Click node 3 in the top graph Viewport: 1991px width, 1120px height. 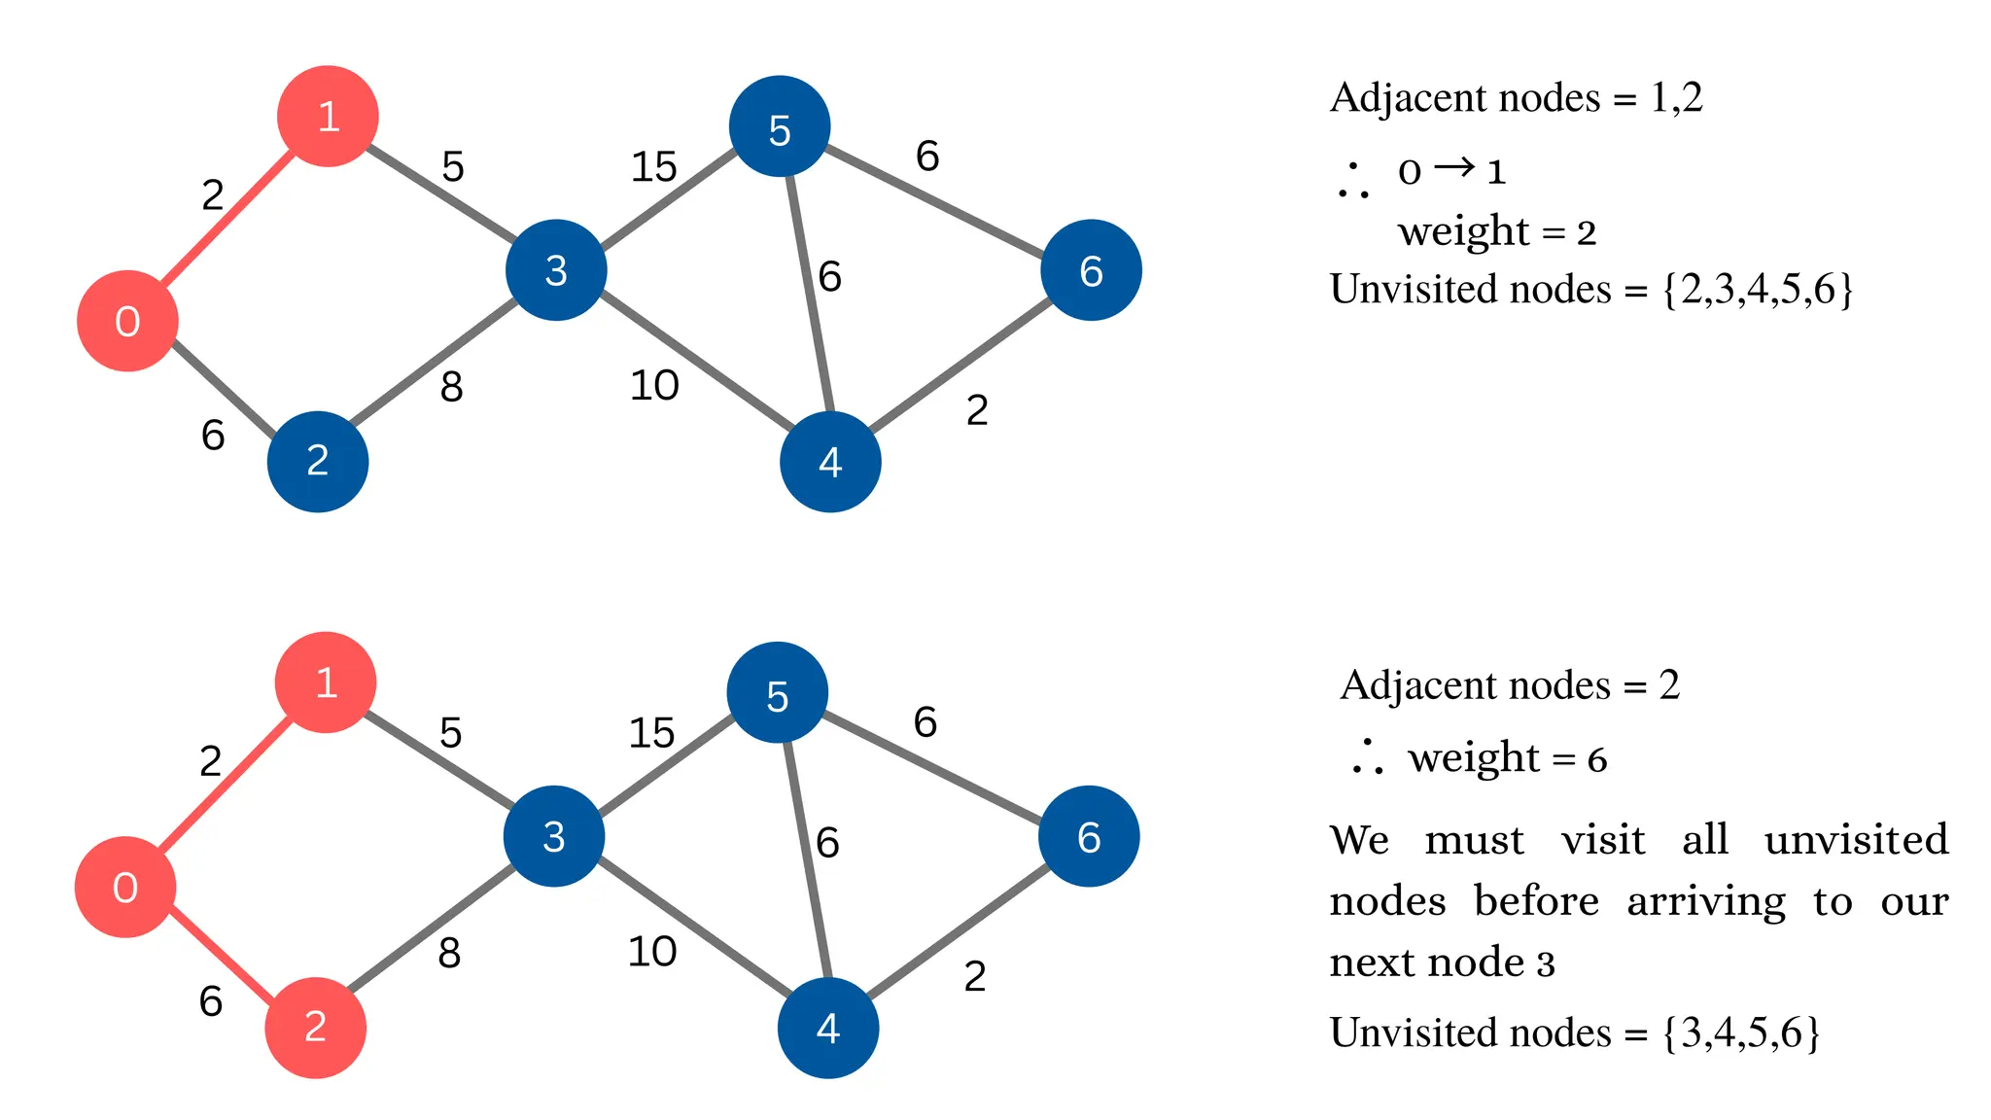(x=556, y=270)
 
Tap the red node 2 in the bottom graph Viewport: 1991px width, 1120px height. (x=315, y=1028)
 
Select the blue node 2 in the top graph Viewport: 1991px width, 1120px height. (x=318, y=461)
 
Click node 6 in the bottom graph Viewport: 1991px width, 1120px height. (x=1089, y=837)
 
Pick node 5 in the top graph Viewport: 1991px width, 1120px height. (x=780, y=127)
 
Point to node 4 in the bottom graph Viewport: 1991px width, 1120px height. (x=828, y=1028)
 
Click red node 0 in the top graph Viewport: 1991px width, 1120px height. (x=127, y=321)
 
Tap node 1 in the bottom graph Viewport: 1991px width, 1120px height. (x=326, y=682)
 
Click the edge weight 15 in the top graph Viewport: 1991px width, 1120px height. (x=653, y=167)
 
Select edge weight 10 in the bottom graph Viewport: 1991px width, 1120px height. (x=651, y=952)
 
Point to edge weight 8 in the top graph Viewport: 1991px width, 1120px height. (x=451, y=388)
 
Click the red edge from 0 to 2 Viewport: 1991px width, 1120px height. (x=220, y=958)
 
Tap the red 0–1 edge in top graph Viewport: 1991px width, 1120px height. (x=228, y=219)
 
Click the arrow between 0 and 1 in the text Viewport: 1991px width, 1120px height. (x=1454, y=168)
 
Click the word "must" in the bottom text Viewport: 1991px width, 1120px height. (x=1474, y=840)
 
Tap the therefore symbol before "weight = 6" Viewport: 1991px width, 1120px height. (x=1367, y=757)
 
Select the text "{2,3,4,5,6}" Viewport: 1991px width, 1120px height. (x=1758, y=290)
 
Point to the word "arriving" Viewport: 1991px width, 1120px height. (x=1706, y=902)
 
